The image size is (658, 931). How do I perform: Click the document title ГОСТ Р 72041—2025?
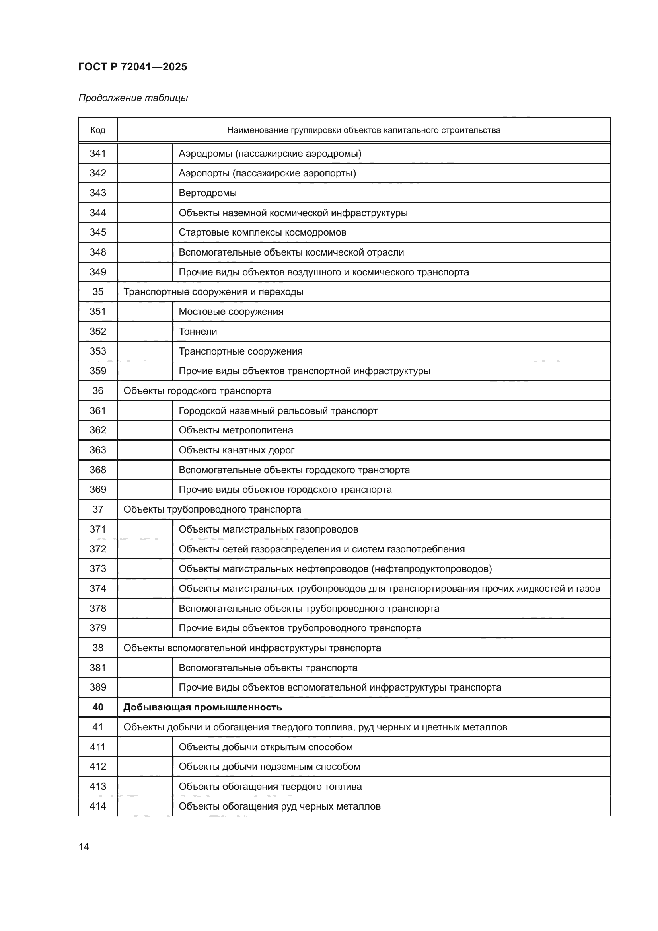[x=132, y=67]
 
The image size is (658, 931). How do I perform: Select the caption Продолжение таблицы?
[x=133, y=98]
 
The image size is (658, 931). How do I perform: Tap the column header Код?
[x=97, y=130]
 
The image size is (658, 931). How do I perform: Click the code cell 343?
[x=97, y=193]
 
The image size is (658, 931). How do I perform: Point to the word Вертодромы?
[x=207, y=193]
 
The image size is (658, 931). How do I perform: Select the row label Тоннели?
[x=198, y=332]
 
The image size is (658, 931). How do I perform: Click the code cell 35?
[x=97, y=292]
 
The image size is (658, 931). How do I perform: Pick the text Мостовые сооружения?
[x=231, y=312]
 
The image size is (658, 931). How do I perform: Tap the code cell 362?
[x=97, y=430]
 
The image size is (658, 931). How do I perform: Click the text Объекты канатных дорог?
[x=236, y=450]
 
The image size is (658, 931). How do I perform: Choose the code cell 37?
[x=97, y=509]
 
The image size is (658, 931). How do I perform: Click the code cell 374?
[x=97, y=588]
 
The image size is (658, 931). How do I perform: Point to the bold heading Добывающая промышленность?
[x=202, y=708]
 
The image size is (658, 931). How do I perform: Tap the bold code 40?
[x=97, y=708]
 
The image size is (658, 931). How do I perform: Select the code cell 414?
[x=97, y=806]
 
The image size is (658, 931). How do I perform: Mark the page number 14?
[x=84, y=847]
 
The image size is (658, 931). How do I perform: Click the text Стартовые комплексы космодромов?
[x=262, y=233]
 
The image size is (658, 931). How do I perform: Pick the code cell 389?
[x=97, y=687]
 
